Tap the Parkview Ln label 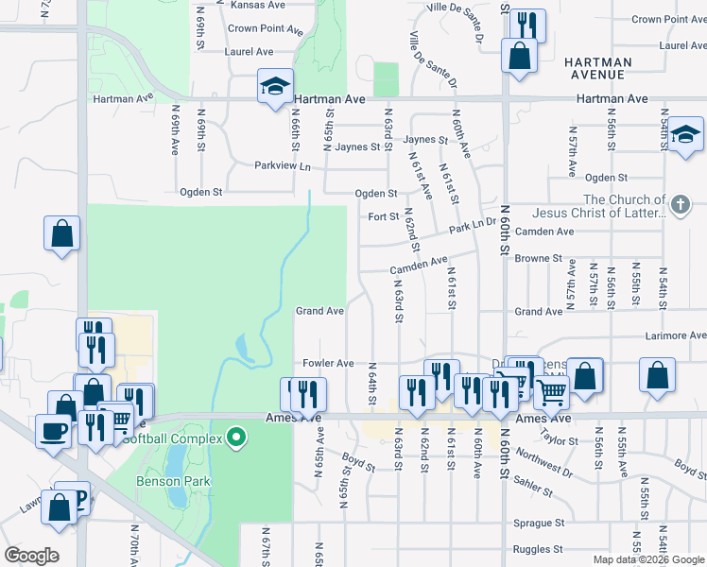click(x=282, y=165)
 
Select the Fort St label click(x=383, y=216)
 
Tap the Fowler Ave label click(x=327, y=363)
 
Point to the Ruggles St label click(x=538, y=550)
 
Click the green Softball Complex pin click(x=237, y=438)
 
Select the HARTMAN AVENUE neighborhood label click(x=597, y=67)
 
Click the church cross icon click(x=679, y=204)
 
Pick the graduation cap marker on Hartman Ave click(x=275, y=87)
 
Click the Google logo click(x=32, y=556)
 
